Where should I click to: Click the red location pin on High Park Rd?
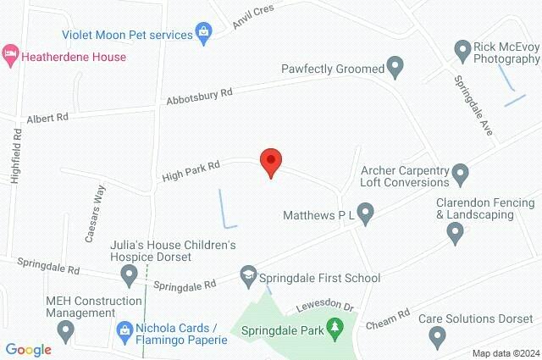pos(270,161)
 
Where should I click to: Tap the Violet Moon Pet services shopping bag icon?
pos(203,34)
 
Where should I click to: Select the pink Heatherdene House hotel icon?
pos(9,56)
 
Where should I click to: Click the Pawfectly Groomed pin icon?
pos(395,66)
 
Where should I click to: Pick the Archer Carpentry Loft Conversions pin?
pos(461,174)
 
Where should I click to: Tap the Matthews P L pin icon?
pos(366,214)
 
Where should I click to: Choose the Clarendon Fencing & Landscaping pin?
pos(455,235)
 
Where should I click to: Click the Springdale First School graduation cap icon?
pos(247,276)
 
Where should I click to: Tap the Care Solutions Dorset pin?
pos(438,338)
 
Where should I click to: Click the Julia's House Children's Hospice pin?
pos(130,274)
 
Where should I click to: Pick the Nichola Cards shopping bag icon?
pos(124,329)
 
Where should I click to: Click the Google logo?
pos(28,349)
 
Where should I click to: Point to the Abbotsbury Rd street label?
pos(199,97)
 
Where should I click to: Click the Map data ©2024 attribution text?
pos(506,352)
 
